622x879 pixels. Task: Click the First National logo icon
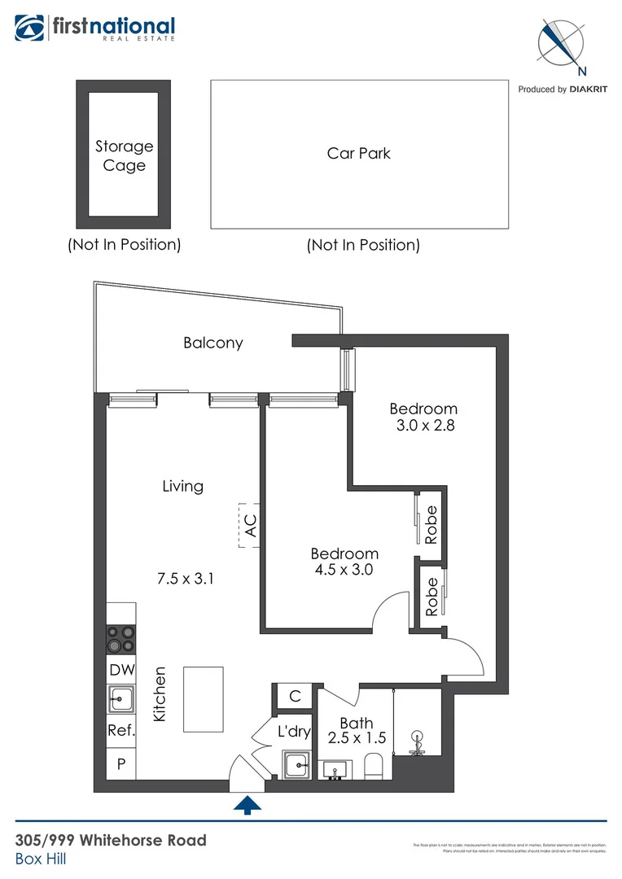[x=30, y=28]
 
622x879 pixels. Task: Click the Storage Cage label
[x=124, y=155]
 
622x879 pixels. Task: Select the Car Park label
[x=359, y=153]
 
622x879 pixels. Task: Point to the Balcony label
[x=212, y=343]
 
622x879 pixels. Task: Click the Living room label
[x=182, y=486]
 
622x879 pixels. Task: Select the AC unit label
[x=251, y=525]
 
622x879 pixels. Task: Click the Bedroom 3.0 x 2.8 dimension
[x=423, y=425]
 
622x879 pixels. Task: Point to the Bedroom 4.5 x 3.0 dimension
[x=344, y=570]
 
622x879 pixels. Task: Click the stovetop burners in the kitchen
[x=120, y=638]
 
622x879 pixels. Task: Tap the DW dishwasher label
[x=120, y=671]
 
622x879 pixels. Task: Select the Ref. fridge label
[x=120, y=731]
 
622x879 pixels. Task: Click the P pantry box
[x=120, y=763]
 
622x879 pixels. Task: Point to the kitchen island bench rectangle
[x=203, y=699]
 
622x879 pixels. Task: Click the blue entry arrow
[x=248, y=805]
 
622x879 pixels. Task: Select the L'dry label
[x=294, y=732]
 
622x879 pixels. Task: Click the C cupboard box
[x=295, y=696]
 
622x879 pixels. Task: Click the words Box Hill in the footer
[x=40, y=859]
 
